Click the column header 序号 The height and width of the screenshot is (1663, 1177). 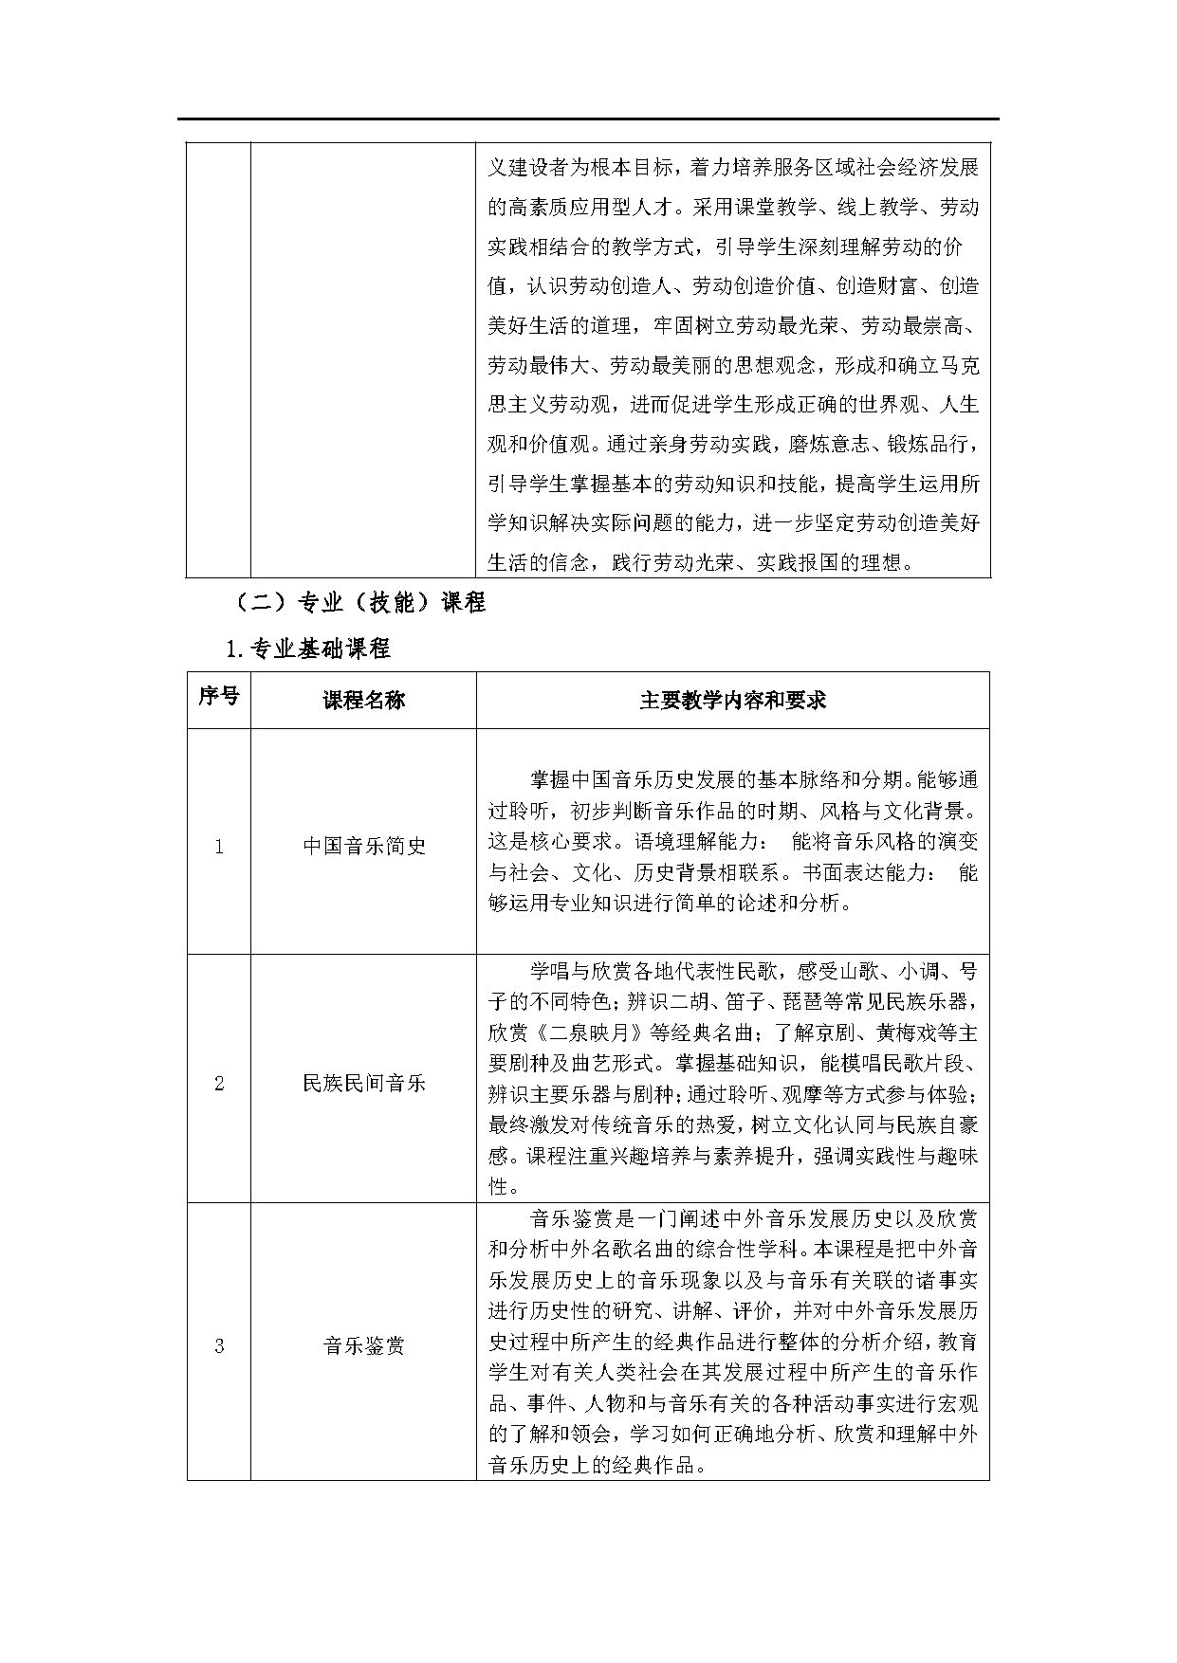tap(218, 698)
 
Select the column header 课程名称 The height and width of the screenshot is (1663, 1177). tap(363, 701)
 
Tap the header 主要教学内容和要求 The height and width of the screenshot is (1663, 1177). tap(732, 701)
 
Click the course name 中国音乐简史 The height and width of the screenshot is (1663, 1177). tap(363, 846)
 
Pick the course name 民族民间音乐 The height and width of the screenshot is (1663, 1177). tap(363, 1083)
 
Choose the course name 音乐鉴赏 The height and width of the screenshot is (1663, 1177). tap(363, 1345)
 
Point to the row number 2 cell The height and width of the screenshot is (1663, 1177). tap(218, 1084)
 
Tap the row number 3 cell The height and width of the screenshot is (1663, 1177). tap(218, 1346)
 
